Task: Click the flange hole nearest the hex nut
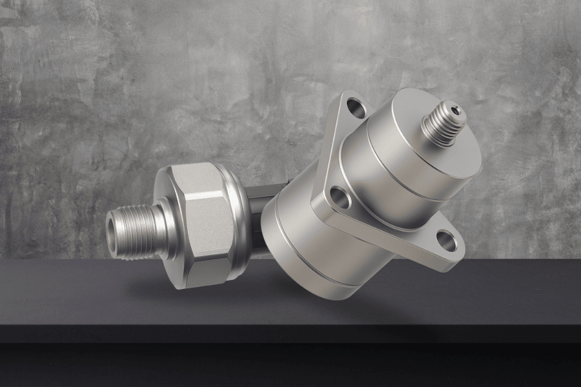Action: click(340, 197)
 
